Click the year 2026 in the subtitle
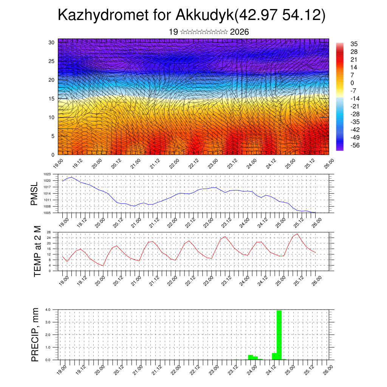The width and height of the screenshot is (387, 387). tap(239, 32)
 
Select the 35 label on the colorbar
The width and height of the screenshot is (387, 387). tap(354, 44)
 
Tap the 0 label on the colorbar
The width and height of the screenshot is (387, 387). tap(352, 83)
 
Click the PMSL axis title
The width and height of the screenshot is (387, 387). tap(35, 193)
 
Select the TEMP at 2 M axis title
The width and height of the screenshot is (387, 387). tap(37, 251)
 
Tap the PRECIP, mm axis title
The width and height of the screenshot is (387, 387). tap(35, 334)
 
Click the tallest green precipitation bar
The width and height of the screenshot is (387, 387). tap(279, 334)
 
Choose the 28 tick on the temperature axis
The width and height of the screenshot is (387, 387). tap(49, 232)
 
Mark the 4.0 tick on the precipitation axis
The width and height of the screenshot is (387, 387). tap(48, 310)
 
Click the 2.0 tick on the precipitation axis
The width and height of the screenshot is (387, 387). tap(48, 335)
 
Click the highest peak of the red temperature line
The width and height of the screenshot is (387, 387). tap(297, 234)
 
